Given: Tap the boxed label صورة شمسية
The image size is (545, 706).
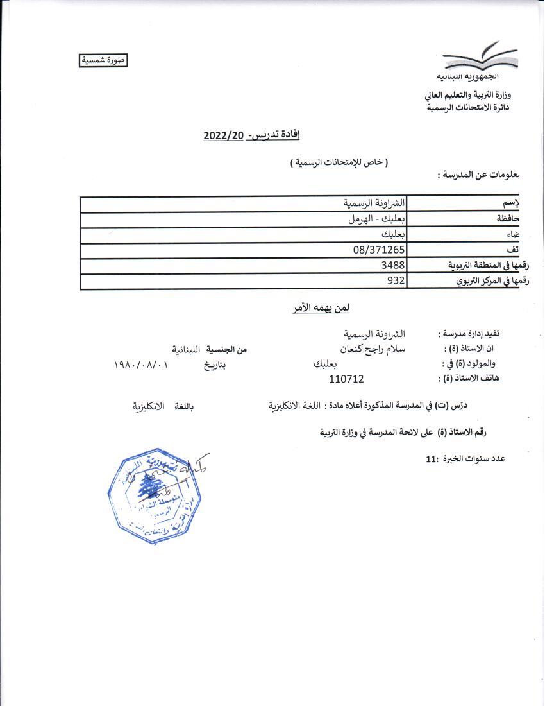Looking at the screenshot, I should tap(103, 60).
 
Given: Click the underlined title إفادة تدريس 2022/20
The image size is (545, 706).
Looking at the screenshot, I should tap(251, 135).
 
